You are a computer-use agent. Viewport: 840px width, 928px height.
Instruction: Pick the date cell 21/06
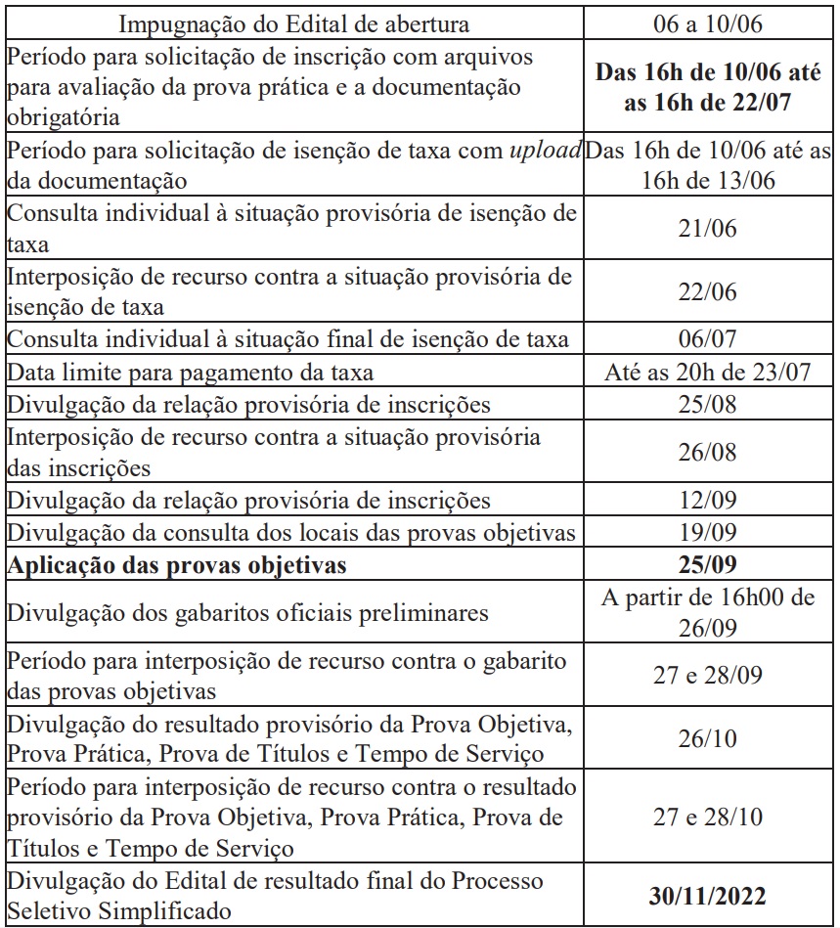tap(708, 229)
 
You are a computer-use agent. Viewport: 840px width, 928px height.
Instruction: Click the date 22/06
tap(708, 292)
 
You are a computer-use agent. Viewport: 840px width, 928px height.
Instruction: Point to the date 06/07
tap(708, 339)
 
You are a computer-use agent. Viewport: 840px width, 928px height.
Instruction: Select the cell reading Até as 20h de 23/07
tap(708, 372)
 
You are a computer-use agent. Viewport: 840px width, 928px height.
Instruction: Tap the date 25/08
tap(708, 404)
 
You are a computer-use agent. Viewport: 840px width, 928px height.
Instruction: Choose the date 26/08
tap(708, 453)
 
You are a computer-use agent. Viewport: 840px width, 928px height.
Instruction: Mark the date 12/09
tap(708, 501)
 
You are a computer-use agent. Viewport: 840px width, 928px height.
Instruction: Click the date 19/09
tap(708, 533)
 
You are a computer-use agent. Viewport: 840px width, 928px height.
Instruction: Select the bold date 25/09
tap(708, 565)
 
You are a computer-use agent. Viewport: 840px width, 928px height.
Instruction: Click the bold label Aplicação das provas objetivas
tap(177, 565)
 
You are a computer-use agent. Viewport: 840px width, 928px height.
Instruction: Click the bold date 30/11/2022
tap(708, 896)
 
